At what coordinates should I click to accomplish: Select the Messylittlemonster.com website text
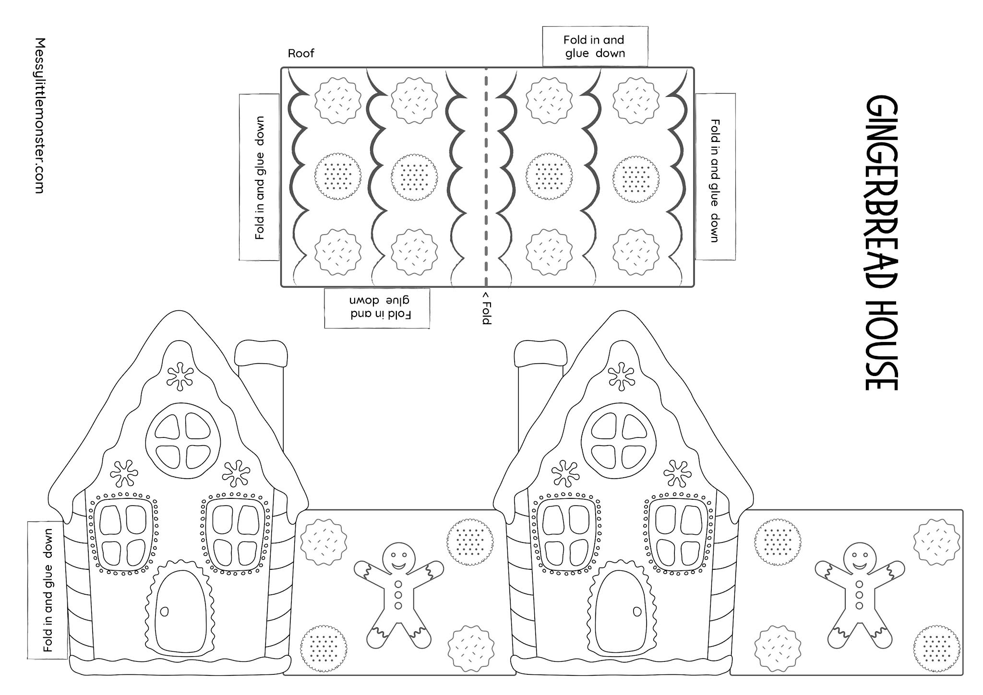click(x=40, y=116)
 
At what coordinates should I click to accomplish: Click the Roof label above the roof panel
click(x=301, y=53)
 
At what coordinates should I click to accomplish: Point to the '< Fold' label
click(x=486, y=307)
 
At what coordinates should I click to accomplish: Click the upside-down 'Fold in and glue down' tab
click(x=377, y=308)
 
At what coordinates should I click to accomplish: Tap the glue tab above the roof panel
click(x=595, y=47)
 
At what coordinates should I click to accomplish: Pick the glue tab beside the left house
click(x=47, y=590)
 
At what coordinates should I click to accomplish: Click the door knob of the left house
click(x=165, y=612)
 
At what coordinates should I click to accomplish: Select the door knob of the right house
click(x=637, y=612)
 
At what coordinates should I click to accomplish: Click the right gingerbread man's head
click(x=860, y=556)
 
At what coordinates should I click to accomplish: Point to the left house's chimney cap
click(x=261, y=353)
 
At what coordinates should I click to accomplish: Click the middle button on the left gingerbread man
click(x=398, y=594)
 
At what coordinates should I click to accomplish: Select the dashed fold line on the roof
click(x=486, y=177)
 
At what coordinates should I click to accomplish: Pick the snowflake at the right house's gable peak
click(x=622, y=376)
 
